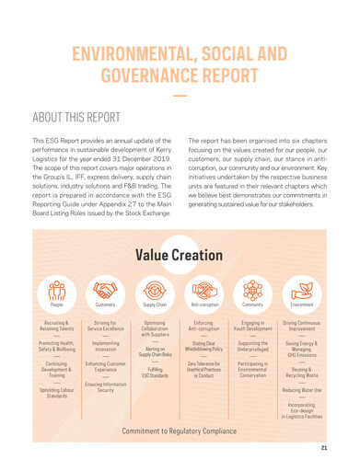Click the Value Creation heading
click(x=180, y=254)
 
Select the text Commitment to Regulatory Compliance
click(x=180, y=430)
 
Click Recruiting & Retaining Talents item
click(x=57, y=327)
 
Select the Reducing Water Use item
click(x=301, y=390)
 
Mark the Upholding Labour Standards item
click(x=57, y=393)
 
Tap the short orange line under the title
click(x=180, y=96)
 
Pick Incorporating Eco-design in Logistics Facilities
click(x=301, y=410)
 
